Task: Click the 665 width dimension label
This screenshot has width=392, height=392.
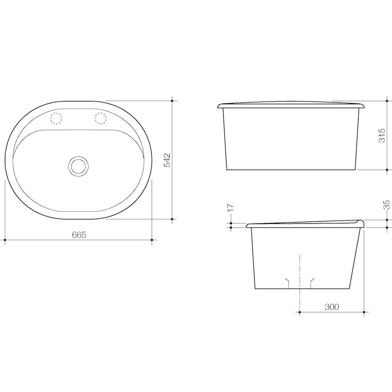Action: pyautogui.click(x=79, y=234)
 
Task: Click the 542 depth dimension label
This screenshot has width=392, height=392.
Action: pyautogui.click(x=167, y=160)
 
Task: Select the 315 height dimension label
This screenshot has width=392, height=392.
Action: pyautogui.click(x=382, y=135)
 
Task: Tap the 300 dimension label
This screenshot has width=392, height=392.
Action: pyautogui.click(x=332, y=307)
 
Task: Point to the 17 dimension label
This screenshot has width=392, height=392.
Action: pyautogui.click(x=230, y=208)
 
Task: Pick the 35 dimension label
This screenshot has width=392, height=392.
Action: pyautogui.click(x=387, y=205)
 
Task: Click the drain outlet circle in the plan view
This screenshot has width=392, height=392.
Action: pyautogui.click(x=78, y=165)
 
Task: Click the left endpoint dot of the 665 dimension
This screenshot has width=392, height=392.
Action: pyautogui.click(x=5, y=240)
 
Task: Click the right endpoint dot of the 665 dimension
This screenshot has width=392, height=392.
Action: pyautogui.click(x=152, y=240)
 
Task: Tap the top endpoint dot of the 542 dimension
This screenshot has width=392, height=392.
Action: pyautogui.click(x=172, y=101)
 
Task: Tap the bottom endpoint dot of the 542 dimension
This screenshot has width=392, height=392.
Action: pyautogui.click(x=172, y=219)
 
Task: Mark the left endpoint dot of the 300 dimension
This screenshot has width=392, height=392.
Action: pyautogui.click(x=299, y=312)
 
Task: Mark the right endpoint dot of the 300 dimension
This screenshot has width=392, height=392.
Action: pyautogui.click(x=364, y=312)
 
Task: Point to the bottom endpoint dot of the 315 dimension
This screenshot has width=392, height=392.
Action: pyautogui.click(x=387, y=170)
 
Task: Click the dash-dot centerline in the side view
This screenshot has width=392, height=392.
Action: pyautogui.click(x=299, y=274)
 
